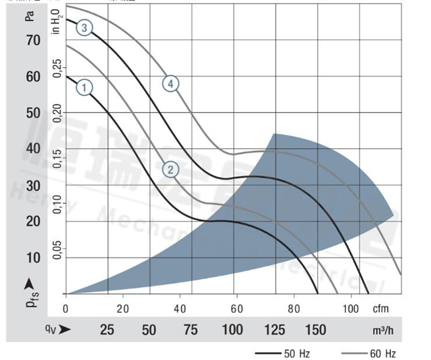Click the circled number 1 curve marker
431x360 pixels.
click(84, 88)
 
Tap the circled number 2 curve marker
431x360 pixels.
click(171, 169)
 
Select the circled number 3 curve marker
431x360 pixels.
click(84, 28)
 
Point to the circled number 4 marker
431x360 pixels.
click(171, 84)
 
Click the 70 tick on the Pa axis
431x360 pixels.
click(32, 40)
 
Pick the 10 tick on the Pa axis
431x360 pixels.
click(32, 257)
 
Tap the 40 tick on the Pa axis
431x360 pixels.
click(32, 149)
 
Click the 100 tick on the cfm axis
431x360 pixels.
click(350, 308)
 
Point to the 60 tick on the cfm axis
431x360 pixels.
click(236, 308)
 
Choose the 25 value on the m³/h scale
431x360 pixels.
click(107, 330)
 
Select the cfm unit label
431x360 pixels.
click(380, 308)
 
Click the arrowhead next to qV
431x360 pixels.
click(65, 330)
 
